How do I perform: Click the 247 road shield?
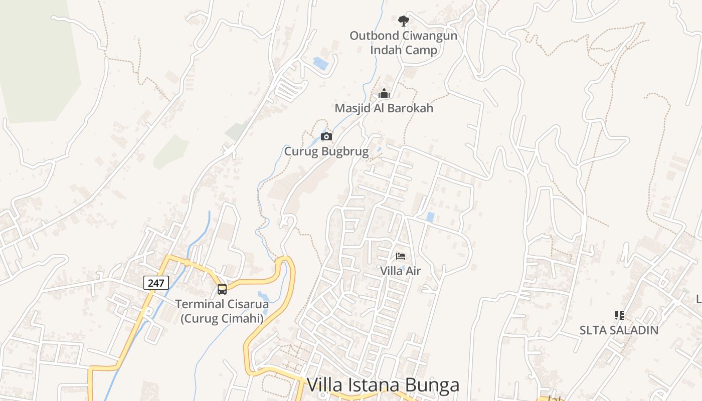click(x=156, y=283)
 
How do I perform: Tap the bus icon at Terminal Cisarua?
click(x=222, y=289)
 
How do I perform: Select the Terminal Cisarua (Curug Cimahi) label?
click(x=222, y=311)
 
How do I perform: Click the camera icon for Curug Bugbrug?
click(x=326, y=136)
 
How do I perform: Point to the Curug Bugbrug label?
click(x=326, y=151)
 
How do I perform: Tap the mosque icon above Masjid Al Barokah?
click(x=384, y=93)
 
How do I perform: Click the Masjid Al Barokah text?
click(x=384, y=108)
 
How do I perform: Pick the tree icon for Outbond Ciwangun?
click(x=403, y=21)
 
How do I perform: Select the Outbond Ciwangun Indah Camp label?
click(x=403, y=43)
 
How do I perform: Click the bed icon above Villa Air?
click(x=400, y=256)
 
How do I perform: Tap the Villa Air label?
click(x=400, y=271)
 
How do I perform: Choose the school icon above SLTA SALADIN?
click(x=619, y=315)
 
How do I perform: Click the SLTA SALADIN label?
click(x=619, y=330)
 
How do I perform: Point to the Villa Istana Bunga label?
click(x=383, y=385)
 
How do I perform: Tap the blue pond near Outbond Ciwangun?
click(x=320, y=63)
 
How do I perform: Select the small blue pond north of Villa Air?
click(x=430, y=217)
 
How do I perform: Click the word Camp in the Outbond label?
click(x=420, y=50)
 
